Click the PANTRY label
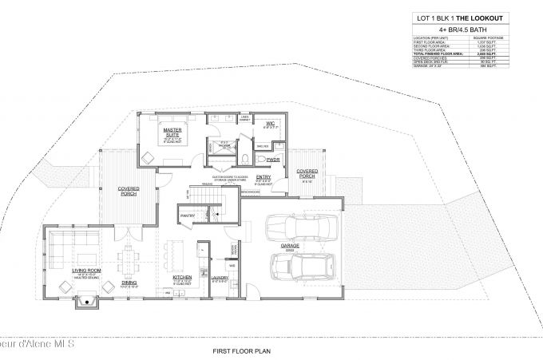click(188, 216)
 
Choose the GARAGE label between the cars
click(291, 246)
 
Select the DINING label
click(129, 283)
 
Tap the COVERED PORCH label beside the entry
click(307, 172)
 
